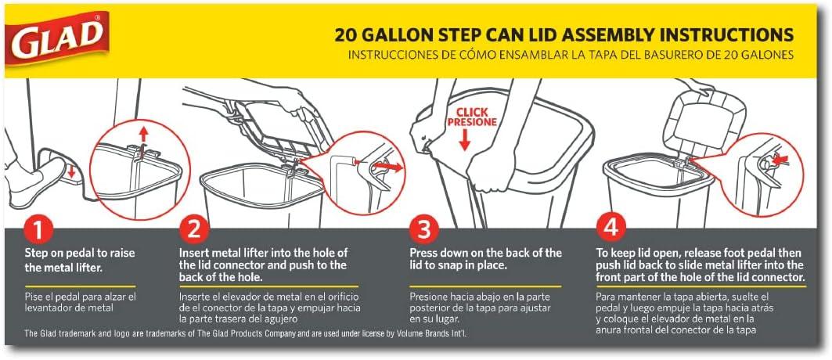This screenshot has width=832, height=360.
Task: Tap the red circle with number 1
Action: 38,231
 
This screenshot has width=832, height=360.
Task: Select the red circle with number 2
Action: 193,231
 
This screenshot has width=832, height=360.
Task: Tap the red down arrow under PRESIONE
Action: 465,140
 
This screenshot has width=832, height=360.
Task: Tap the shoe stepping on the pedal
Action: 32,178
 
